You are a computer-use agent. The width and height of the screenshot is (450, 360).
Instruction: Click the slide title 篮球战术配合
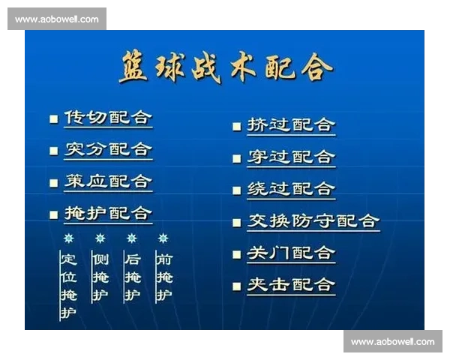tap(225, 68)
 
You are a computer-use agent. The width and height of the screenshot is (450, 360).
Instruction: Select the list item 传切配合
tap(108, 118)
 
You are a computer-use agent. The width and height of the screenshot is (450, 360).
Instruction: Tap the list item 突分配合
tap(108, 149)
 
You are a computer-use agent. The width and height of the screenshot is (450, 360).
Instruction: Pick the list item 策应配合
tap(108, 181)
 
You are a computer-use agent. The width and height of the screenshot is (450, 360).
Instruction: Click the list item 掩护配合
tap(108, 214)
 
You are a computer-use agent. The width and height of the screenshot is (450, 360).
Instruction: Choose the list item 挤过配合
tap(291, 125)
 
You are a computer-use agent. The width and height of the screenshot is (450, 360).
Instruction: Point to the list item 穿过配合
tap(291, 157)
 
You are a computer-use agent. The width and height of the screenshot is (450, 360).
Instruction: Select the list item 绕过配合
tap(291, 189)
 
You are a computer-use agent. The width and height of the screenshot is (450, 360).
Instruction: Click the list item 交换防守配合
tap(313, 220)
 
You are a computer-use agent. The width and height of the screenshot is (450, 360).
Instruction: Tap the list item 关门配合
tap(291, 253)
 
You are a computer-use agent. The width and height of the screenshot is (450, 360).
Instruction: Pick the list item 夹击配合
tap(291, 285)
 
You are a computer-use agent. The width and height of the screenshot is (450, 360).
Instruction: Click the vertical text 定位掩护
tap(69, 285)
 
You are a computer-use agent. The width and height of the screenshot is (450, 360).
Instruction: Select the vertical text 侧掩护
tap(100, 277)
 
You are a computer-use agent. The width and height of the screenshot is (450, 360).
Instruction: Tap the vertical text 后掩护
tap(132, 277)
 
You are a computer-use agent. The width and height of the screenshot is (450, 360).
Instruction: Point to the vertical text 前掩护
tap(163, 277)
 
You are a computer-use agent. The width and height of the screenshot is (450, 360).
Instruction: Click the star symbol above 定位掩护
tap(69, 238)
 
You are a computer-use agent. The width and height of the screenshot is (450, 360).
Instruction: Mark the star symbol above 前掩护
tap(163, 238)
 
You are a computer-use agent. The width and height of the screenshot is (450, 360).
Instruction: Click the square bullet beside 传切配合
tap(53, 118)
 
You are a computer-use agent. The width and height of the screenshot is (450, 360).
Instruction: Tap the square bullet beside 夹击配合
tap(236, 286)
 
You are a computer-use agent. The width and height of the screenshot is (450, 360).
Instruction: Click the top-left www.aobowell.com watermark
tap(56, 19)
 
